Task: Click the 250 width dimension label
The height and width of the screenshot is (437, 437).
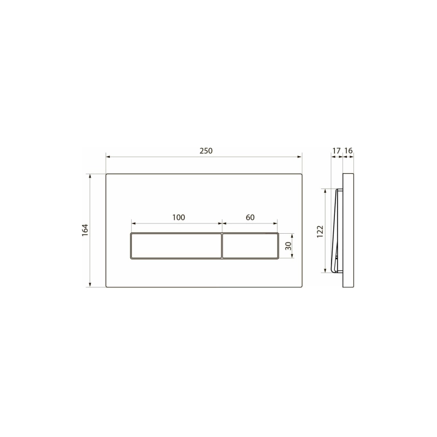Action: pos(206,151)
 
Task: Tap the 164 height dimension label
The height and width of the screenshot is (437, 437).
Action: pos(85,230)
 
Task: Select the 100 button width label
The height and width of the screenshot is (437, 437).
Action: pos(179,217)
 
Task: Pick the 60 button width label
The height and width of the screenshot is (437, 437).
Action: pos(250,217)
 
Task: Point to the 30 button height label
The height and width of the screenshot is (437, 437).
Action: pos(288,246)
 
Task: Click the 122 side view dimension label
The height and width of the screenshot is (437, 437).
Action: pos(320,231)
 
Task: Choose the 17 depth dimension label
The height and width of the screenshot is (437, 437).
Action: pos(336,151)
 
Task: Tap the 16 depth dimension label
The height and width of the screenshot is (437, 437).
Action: pos(349,151)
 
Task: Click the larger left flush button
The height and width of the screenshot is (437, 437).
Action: pos(176,246)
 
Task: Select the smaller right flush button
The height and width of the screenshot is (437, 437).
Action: pos(250,246)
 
